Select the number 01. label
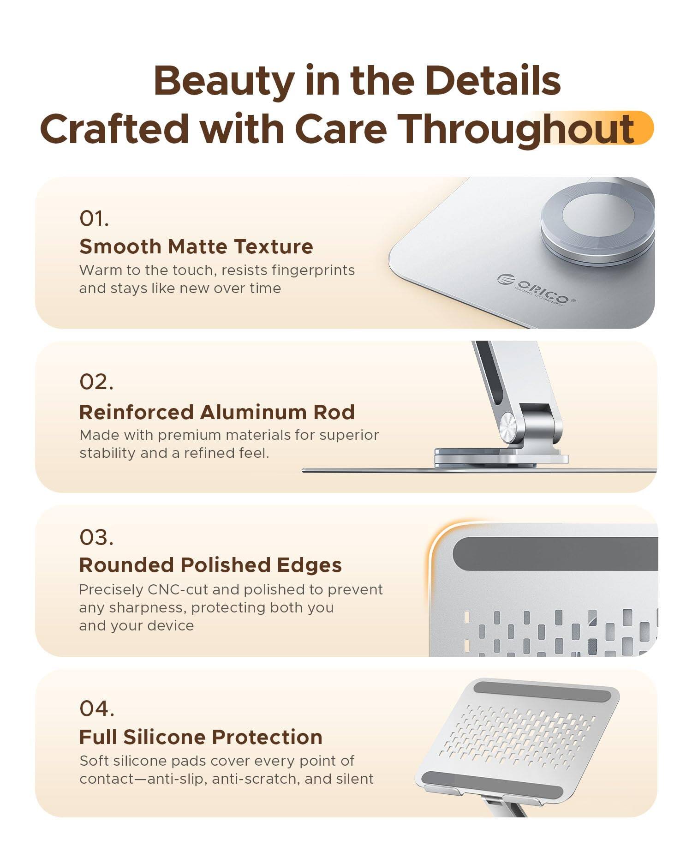(x=94, y=218)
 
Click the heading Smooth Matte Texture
(x=196, y=246)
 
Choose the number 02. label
(x=96, y=382)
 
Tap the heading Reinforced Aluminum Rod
(x=217, y=412)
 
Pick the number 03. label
(x=96, y=538)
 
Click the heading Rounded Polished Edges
(x=210, y=565)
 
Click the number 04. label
(x=97, y=709)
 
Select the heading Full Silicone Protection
(x=201, y=737)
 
